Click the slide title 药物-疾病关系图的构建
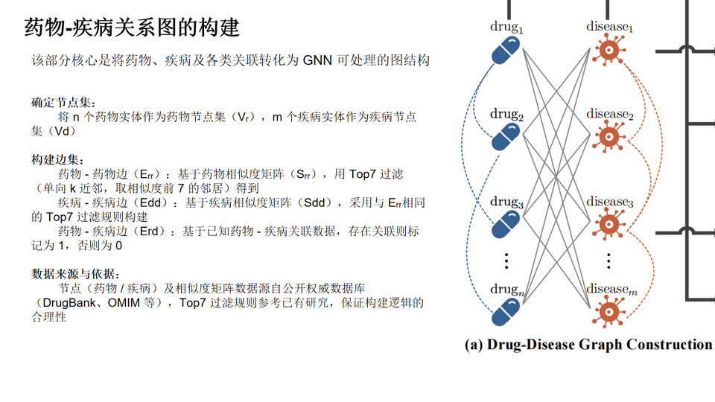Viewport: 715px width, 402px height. pos(133,28)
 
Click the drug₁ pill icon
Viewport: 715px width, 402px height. pos(506,51)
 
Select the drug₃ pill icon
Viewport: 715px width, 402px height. pos(506,224)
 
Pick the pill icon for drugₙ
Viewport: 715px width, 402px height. pos(506,311)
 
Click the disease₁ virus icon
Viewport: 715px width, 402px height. pos(608,51)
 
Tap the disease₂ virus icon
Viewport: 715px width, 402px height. pos(608,138)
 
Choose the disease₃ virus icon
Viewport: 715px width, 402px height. pos(608,223)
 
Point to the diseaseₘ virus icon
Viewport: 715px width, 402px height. pos(608,310)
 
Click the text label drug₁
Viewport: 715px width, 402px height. pos(506,28)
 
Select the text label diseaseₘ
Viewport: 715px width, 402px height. pos(611,289)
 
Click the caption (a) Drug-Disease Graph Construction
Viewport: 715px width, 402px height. pos(588,345)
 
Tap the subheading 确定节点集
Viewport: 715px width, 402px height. pos(63,102)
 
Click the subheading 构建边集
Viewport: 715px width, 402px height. pos(58,160)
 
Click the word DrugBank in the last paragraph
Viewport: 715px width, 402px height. pos(71,303)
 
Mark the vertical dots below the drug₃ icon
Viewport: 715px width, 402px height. pos(506,261)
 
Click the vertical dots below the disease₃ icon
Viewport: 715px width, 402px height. pos(608,261)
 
